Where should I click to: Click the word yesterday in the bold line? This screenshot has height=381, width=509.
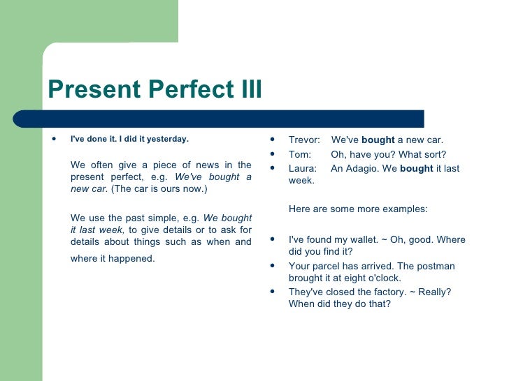tap(169, 139)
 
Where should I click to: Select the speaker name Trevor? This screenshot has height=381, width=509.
tap(304, 140)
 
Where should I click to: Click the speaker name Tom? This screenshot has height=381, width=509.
tap(299, 154)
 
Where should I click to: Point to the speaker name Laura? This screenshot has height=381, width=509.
tap(302, 168)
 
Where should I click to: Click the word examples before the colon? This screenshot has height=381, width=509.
tap(402, 209)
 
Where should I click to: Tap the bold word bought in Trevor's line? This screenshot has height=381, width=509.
tap(378, 140)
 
